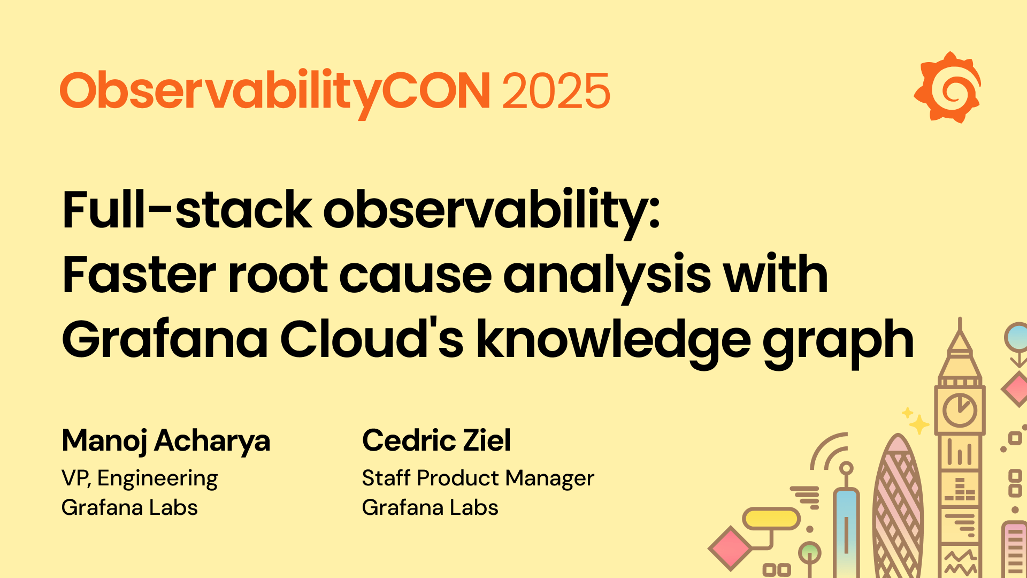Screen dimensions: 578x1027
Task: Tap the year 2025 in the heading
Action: tap(556, 91)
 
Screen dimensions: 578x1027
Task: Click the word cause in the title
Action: tap(415, 275)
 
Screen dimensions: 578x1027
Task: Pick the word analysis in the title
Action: tap(607, 276)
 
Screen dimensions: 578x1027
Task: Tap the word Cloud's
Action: tap(372, 339)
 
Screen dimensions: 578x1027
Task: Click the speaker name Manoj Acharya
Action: tap(166, 441)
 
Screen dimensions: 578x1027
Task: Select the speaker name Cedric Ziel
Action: tap(436, 440)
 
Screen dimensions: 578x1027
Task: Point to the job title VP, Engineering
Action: tap(140, 478)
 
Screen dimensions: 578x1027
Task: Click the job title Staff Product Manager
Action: tap(478, 478)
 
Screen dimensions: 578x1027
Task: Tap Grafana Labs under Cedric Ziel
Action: tap(430, 507)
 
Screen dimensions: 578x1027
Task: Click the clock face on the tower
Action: tap(960, 410)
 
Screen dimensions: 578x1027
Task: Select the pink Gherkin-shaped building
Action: tap(898, 508)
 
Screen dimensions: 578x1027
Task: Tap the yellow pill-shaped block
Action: tap(771, 518)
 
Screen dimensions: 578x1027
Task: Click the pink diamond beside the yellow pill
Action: tap(730, 549)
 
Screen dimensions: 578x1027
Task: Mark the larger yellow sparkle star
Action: tap(919, 424)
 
